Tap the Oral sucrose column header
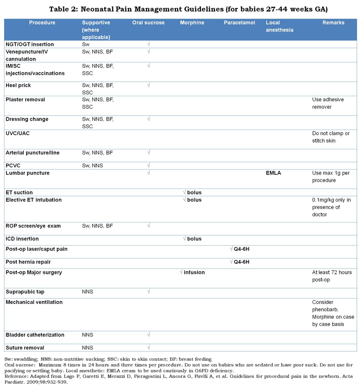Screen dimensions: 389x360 click(x=148, y=22)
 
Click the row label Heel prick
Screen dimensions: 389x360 click(x=18, y=85)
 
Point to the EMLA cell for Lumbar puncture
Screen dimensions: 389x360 click(x=273, y=173)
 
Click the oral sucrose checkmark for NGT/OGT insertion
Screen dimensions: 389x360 click(x=148, y=44)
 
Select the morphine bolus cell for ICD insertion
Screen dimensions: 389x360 click(x=192, y=239)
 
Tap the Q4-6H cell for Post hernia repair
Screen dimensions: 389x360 click(x=239, y=262)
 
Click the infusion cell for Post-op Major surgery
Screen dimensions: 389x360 click(x=192, y=273)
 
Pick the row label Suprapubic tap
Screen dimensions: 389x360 click(x=25, y=292)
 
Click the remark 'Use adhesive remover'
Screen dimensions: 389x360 click(x=328, y=103)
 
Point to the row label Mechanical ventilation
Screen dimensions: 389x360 click(x=34, y=302)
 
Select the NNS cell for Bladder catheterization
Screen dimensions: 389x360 click(x=87, y=335)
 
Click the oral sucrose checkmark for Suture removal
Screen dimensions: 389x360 click(x=148, y=348)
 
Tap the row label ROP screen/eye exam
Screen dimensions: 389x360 click(x=33, y=226)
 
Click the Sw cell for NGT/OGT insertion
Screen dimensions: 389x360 click(x=85, y=45)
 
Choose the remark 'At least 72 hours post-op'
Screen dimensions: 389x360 click(x=332, y=276)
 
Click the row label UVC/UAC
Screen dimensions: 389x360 click(x=18, y=134)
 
